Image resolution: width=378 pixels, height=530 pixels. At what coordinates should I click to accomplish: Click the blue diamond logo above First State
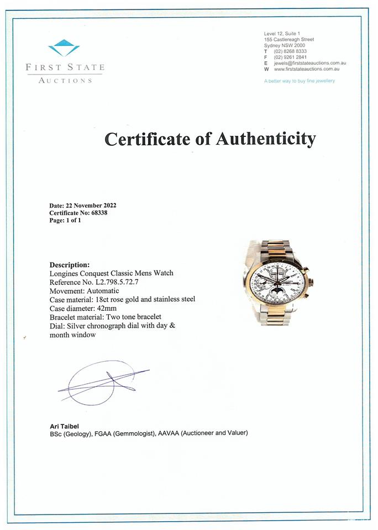(x=64, y=48)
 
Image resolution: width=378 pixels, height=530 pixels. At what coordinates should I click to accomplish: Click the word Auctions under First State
(x=65, y=81)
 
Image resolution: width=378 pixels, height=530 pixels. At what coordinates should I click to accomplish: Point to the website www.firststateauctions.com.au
(x=306, y=69)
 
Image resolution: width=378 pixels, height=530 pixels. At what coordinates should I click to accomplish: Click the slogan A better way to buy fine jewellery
(x=300, y=81)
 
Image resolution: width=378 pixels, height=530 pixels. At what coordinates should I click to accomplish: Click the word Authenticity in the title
(x=265, y=139)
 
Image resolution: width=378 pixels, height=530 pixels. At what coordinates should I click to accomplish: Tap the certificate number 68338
(x=99, y=213)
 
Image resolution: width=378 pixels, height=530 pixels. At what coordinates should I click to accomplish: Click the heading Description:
(x=70, y=264)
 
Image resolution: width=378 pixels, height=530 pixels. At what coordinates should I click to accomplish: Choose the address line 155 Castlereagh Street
(x=289, y=40)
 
